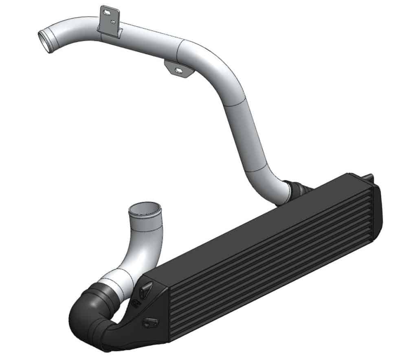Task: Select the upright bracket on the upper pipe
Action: point(110,20)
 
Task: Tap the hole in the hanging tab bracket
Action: point(178,71)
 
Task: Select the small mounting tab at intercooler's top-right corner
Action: point(369,178)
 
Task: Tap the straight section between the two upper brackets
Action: point(147,41)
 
